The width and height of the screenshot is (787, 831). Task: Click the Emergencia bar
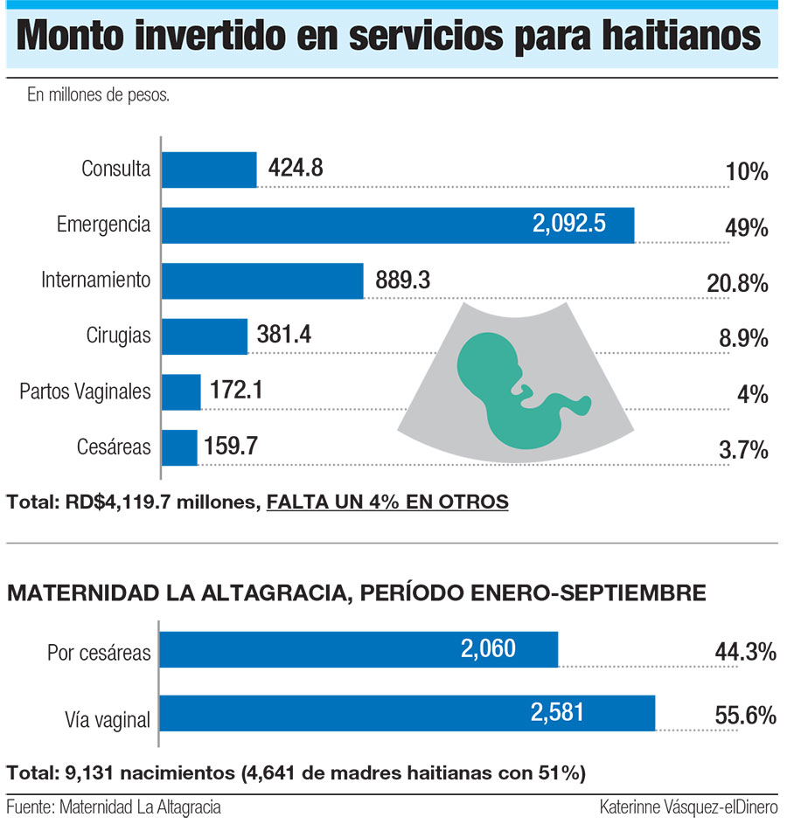397,225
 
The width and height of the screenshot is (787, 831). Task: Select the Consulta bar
209,169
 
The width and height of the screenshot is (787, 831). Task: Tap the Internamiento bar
262,280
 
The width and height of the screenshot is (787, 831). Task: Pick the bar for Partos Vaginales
181,392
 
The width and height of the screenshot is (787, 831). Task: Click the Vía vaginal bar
407,713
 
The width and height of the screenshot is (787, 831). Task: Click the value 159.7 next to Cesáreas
231,447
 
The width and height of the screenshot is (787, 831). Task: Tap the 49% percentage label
746,228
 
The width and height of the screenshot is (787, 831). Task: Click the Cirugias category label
119,336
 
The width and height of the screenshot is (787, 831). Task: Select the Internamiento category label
96,280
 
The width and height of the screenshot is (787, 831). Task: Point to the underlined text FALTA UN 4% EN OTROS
387,502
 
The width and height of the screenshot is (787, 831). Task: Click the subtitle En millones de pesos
98,95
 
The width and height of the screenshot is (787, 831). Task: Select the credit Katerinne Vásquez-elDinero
689,807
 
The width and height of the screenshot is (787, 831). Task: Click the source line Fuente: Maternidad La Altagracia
114,807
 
